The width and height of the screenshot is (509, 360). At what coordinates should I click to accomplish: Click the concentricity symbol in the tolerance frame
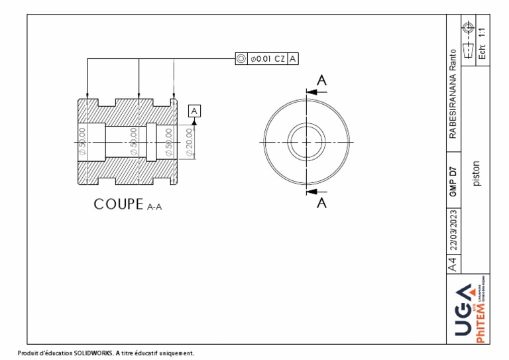[241, 59]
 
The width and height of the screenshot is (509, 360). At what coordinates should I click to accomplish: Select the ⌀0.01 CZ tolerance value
[267, 59]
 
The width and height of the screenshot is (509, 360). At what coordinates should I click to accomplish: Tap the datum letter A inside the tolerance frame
[293, 59]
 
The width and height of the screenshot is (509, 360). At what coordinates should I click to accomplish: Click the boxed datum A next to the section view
[194, 111]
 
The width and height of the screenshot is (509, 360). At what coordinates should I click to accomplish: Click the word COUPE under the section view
[119, 204]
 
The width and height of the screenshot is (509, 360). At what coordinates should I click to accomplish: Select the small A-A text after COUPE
[154, 207]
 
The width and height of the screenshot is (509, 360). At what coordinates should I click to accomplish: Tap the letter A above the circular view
[321, 80]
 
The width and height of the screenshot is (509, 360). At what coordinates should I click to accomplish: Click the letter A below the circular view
[321, 203]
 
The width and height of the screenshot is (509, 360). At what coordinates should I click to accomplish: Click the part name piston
[476, 174]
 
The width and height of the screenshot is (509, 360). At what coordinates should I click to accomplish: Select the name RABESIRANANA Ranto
[453, 93]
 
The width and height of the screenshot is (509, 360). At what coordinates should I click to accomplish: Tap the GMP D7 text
[453, 181]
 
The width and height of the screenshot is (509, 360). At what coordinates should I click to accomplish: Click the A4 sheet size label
[453, 265]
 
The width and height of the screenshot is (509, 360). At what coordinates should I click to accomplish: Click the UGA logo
[465, 308]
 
